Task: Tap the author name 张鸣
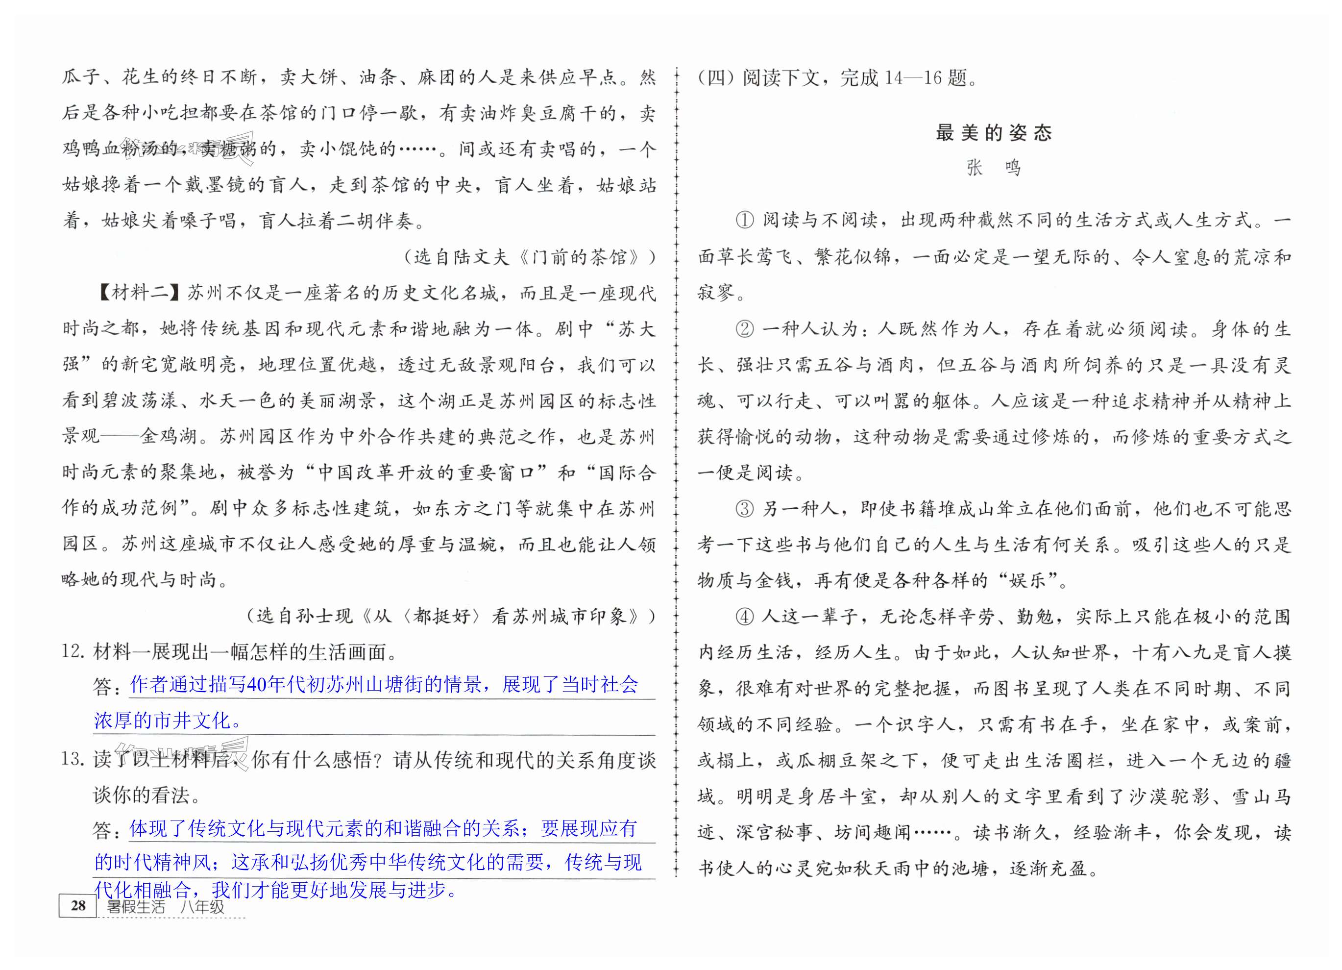pos(994,168)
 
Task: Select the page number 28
pos(78,905)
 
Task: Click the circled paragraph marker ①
pos(744,221)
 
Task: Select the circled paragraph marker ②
pos(744,329)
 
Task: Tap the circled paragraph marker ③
pos(744,509)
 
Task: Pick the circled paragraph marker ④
pos(744,617)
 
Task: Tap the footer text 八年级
pos(202,907)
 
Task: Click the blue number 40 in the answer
pos(257,685)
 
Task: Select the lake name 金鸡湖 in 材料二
pos(169,437)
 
